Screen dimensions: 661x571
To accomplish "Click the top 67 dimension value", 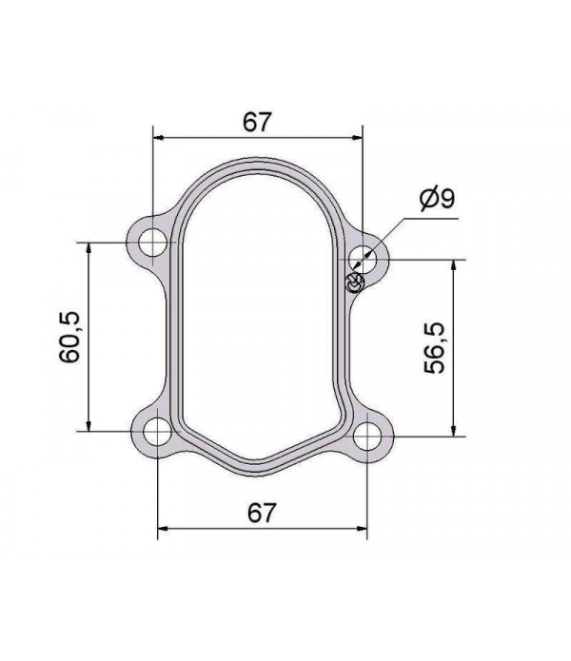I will pyautogui.click(x=257, y=122).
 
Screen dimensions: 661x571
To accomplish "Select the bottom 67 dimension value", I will pyautogui.click(x=262, y=513).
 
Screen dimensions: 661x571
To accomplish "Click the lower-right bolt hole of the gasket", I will pyautogui.click(x=367, y=437).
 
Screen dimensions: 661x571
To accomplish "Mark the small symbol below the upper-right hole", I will pyautogui.click(x=354, y=282).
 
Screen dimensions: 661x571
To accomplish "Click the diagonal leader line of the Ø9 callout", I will pyautogui.click(x=390, y=233).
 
